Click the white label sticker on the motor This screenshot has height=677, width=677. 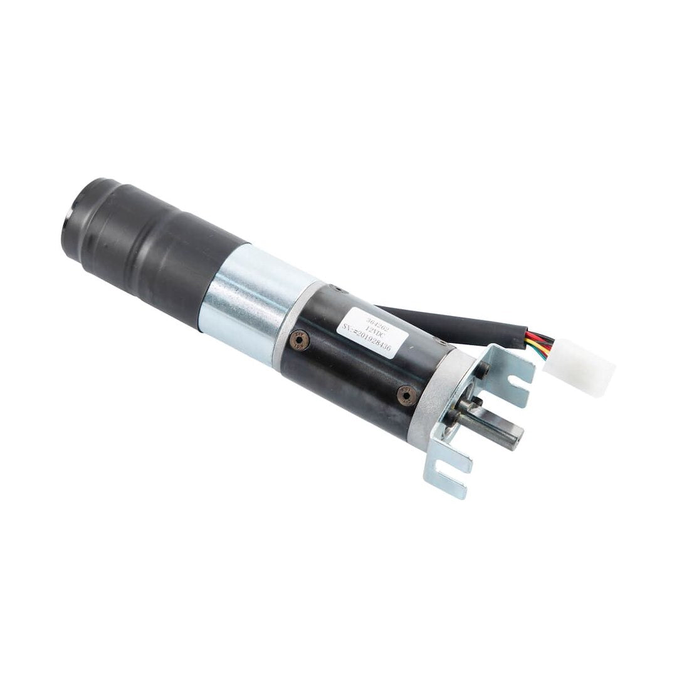[x=372, y=328]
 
